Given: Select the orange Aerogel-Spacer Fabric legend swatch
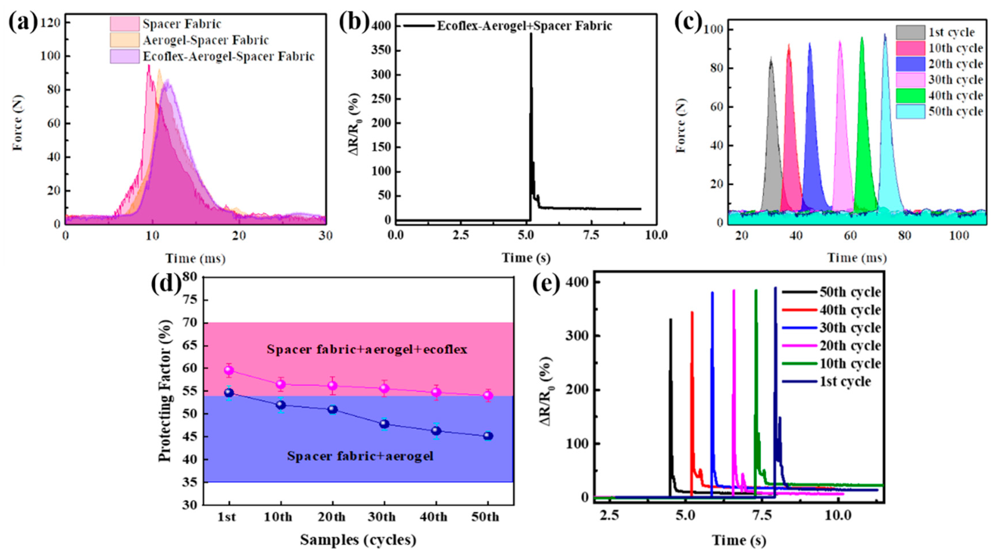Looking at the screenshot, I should click(124, 40).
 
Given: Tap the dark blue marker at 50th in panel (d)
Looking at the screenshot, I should click(488, 436).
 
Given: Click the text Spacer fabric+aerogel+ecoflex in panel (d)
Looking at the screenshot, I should click(367, 350).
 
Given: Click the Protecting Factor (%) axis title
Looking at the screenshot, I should click(165, 391).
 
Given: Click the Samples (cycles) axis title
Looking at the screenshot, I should click(358, 540).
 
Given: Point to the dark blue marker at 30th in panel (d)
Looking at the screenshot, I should click(384, 424).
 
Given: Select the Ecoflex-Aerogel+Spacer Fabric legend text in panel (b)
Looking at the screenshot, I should click(524, 26).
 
